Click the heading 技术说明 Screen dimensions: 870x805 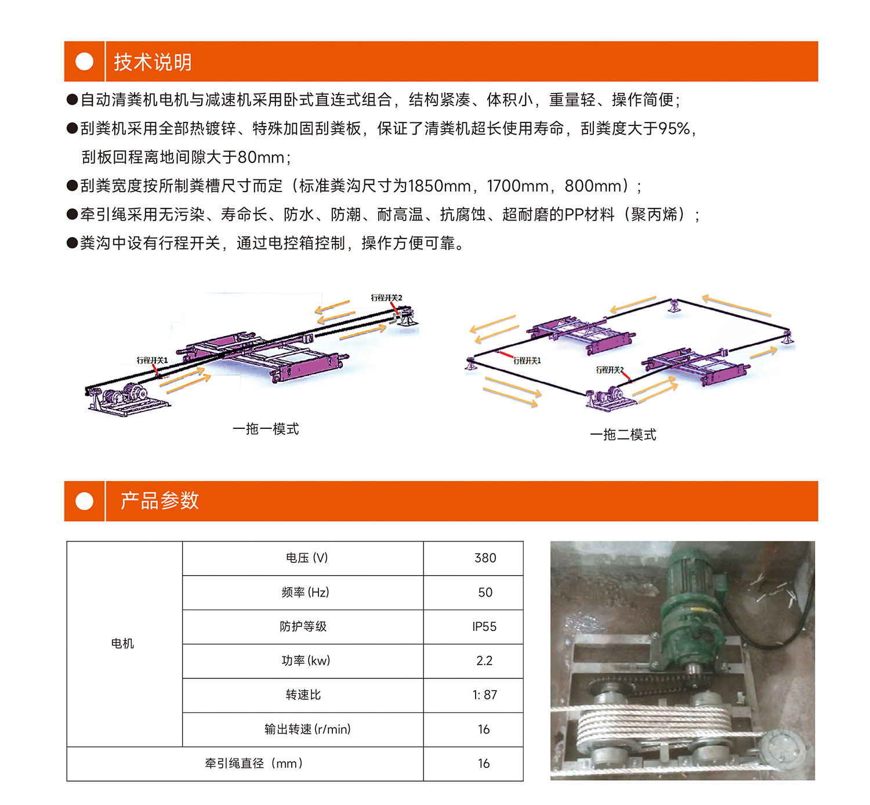(153, 62)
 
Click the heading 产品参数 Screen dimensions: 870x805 (159, 500)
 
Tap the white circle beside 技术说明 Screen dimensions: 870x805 (84, 62)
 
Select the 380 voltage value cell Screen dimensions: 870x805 (473, 558)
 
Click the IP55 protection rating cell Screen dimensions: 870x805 (473, 627)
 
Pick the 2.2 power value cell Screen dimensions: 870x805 (473, 660)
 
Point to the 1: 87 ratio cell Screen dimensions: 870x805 (473, 695)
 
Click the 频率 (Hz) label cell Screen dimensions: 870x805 (303, 593)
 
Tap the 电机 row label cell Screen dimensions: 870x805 (125, 644)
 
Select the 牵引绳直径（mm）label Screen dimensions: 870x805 (254, 763)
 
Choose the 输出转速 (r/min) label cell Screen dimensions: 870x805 (303, 729)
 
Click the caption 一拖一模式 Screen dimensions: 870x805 (266, 429)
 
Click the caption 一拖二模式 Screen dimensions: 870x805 (623, 435)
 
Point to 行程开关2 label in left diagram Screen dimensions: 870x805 (386, 298)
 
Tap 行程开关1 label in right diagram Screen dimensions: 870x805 (527, 360)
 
